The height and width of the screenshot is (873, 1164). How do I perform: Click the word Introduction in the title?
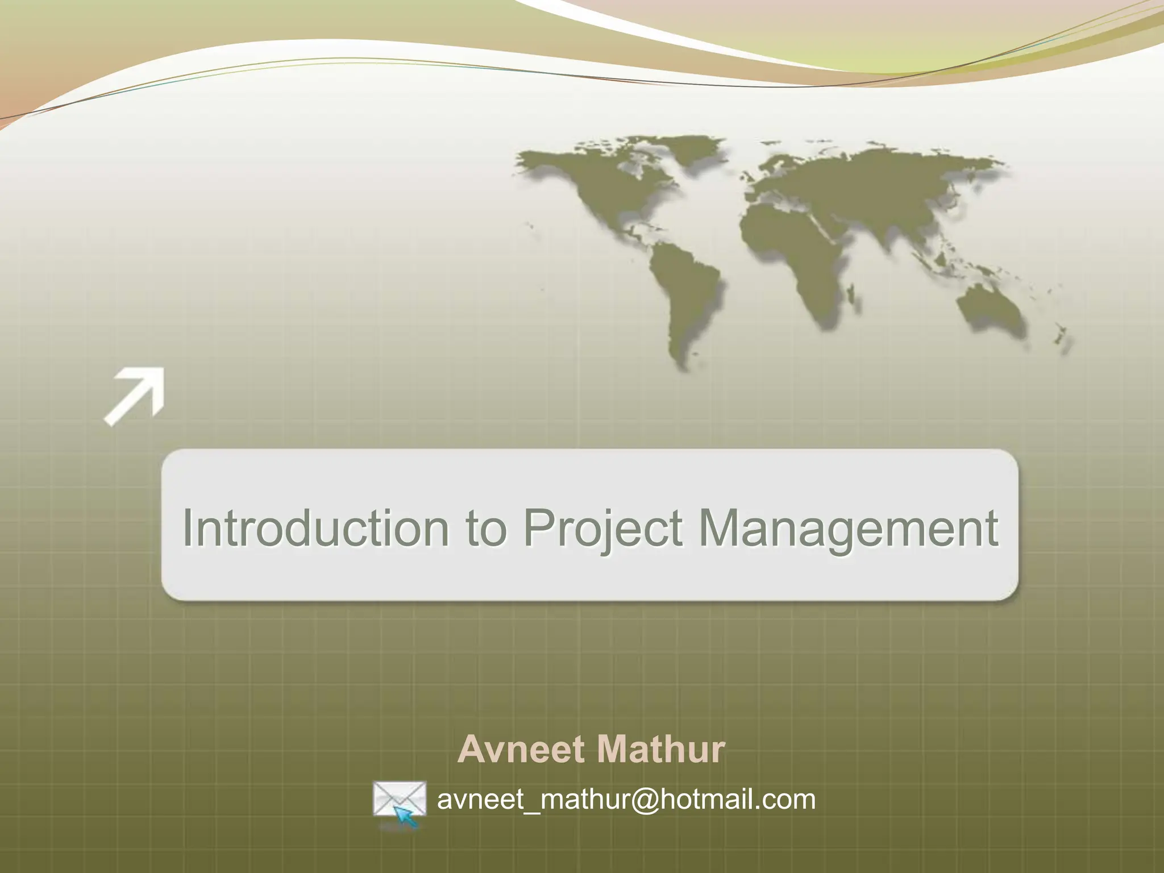tap(315, 527)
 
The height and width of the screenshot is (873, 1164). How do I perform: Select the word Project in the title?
tap(602, 527)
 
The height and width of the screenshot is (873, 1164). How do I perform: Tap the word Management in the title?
tap(847, 527)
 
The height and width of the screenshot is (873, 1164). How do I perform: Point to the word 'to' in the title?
tap(485, 527)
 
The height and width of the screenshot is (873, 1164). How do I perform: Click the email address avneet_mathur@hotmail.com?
tap(626, 799)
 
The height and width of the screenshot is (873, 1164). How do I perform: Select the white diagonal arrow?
tap(135, 396)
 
